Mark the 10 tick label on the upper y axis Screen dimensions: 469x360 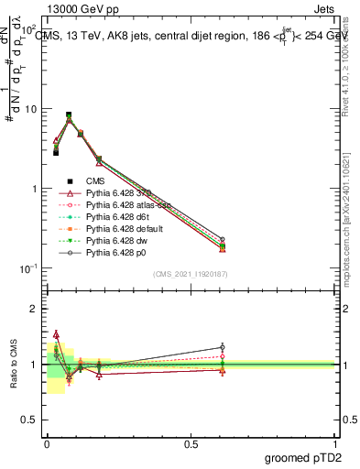point(29,109)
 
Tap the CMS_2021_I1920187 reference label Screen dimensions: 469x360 point(191,274)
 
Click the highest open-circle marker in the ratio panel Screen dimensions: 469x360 point(223,347)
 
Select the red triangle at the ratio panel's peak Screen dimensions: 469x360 point(56,334)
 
